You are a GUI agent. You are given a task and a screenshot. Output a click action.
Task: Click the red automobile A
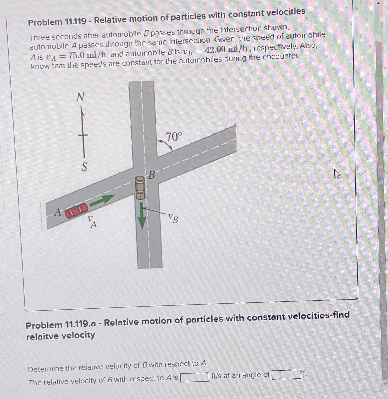[76, 210]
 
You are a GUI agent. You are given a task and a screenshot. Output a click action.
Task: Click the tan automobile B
[140, 188]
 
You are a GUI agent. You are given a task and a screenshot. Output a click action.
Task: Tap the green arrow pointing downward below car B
[142, 216]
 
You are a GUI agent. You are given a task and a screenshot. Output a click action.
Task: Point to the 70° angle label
[174, 137]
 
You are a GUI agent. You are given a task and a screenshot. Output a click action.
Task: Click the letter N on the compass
[80, 97]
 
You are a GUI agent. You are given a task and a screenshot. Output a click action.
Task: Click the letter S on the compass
[84, 167]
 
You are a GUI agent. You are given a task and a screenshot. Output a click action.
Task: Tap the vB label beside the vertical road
[173, 218]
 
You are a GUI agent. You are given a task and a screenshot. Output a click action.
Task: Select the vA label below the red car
[92, 222]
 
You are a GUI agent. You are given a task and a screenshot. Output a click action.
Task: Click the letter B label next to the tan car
[152, 175]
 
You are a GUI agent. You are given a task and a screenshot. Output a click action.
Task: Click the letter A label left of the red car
[58, 212]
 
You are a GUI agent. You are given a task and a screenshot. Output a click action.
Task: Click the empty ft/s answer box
[195, 377]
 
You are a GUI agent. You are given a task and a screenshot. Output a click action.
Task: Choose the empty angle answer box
[286, 374]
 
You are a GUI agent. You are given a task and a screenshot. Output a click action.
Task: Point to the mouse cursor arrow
[337, 174]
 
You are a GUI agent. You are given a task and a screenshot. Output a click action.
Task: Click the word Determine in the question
[46, 369]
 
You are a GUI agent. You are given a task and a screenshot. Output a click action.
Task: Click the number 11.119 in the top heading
[75, 21]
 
